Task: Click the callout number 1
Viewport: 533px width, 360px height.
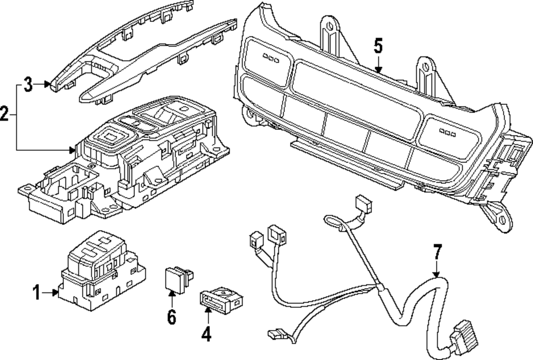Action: coord(36,292)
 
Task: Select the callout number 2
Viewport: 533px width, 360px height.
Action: coord(5,113)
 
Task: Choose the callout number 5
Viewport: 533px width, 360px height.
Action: coord(378,46)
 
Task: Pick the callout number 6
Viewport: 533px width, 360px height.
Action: coord(171,317)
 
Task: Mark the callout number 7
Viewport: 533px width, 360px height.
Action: coord(437,251)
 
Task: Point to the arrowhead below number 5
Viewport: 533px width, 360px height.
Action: coord(378,70)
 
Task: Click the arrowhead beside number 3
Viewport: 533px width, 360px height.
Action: coord(48,84)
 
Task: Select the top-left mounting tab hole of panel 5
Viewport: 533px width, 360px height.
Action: coord(329,26)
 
